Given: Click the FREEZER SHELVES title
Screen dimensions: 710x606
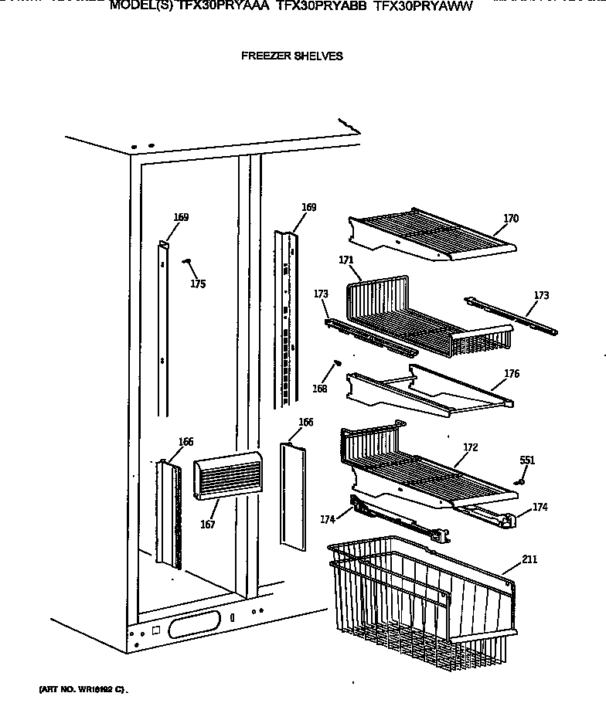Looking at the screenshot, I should [x=291, y=56].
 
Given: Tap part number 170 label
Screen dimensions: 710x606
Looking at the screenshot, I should [x=511, y=219].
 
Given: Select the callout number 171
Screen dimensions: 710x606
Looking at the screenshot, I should [x=346, y=260].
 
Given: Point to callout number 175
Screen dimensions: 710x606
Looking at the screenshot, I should [x=198, y=284].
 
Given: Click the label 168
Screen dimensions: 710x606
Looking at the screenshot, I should [x=320, y=389].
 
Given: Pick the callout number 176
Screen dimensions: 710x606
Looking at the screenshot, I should [x=511, y=374].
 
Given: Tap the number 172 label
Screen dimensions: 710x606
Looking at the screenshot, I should [x=470, y=447].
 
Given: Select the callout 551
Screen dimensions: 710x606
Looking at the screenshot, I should [x=527, y=460].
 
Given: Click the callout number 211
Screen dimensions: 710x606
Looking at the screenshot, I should [x=529, y=559].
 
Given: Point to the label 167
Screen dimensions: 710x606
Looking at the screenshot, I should [x=207, y=525].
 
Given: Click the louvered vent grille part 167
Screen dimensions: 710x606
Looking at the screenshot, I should [x=224, y=475].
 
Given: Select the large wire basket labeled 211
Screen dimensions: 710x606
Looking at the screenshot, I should [x=417, y=603].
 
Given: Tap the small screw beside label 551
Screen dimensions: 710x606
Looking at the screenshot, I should [x=520, y=481].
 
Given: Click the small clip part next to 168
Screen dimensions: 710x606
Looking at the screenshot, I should [x=338, y=362].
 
